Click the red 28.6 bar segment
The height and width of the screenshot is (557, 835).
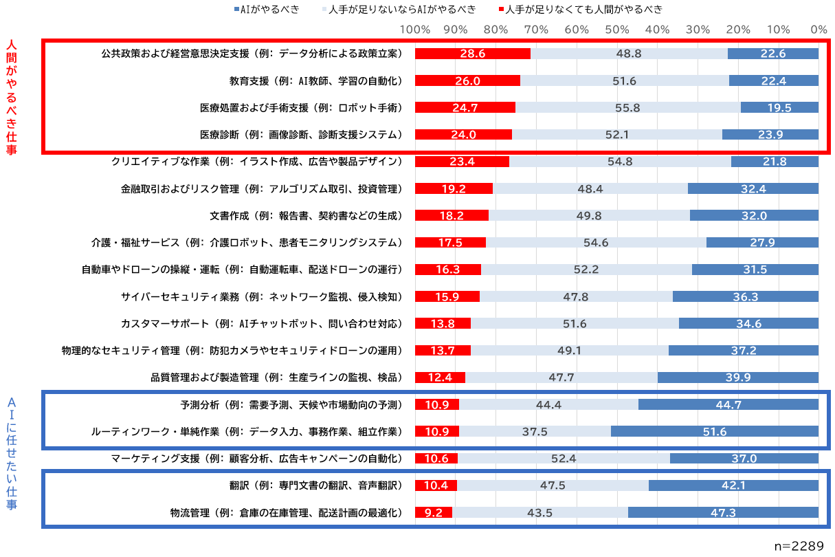[472, 54]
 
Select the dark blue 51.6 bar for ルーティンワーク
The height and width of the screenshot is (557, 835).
[714, 432]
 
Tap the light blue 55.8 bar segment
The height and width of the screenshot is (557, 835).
[627, 107]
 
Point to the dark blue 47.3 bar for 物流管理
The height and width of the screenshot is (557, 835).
[722, 512]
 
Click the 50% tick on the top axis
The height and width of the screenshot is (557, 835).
[617, 30]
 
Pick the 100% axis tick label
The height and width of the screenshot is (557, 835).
[414, 30]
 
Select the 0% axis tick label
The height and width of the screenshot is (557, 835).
[818, 30]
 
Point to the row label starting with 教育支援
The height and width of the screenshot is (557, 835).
[315, 80]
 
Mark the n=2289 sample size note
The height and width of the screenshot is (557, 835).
[799, 545]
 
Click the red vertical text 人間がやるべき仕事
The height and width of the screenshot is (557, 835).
[11, 96]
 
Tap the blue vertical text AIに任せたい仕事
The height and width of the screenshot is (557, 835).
[11, 454]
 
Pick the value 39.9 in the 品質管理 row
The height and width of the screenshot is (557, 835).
[737, 378]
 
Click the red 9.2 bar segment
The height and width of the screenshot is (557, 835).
[434, 512]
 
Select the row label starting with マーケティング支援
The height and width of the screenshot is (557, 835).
[256, 459]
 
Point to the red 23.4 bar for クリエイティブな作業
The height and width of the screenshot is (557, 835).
[462, 162]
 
